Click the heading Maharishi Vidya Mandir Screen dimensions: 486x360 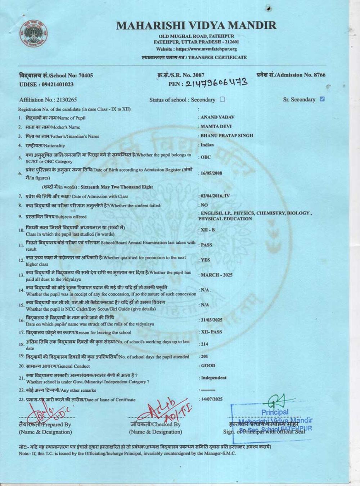197,26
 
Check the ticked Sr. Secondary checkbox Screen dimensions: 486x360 322,99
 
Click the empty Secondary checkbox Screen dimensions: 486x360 222,99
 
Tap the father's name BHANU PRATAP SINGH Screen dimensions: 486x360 226,136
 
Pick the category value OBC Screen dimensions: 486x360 206,157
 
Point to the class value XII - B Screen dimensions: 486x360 208,230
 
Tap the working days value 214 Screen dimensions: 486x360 204,344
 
